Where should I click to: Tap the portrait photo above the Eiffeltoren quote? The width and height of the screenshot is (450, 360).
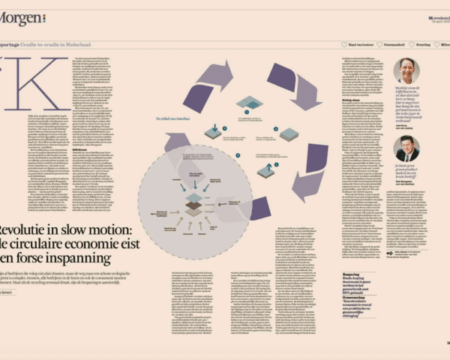pyautogui.click(x=406, y=70)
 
